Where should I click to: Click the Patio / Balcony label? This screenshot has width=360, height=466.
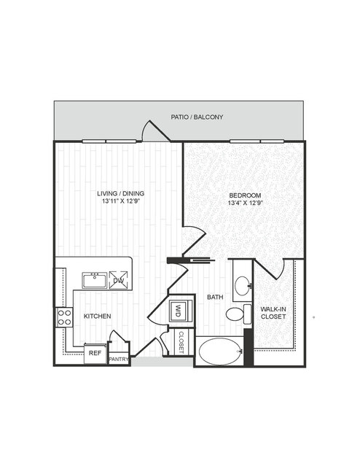(x=197, y=117)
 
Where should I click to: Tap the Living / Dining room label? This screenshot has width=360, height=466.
(x=120, y=193)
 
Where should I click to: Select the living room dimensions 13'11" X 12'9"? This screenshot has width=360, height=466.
(x=120, y=201)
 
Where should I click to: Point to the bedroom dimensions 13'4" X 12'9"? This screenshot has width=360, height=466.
(x=245, y=203)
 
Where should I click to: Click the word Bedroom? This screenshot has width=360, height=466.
(x=245, y=195)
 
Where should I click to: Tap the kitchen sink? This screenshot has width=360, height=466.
(x=95, y=281)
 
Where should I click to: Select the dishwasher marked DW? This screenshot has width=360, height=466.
(x=119, y=280)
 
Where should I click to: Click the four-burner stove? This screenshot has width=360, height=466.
(x=64, y=317)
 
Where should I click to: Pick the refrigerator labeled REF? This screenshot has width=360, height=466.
(x=95, y=354)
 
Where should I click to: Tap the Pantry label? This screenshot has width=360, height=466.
(x=119, y=360)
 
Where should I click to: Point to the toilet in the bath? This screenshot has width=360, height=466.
(x=239, y=314)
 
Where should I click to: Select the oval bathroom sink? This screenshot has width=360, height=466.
(x=243, y=286)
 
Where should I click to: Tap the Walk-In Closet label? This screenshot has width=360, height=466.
(x=273, y=313)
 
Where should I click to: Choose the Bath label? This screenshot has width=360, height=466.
(x=215, y=297)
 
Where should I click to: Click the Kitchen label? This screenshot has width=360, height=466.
(x=98, y=317)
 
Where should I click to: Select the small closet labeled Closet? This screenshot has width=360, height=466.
(x=181, y=342)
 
